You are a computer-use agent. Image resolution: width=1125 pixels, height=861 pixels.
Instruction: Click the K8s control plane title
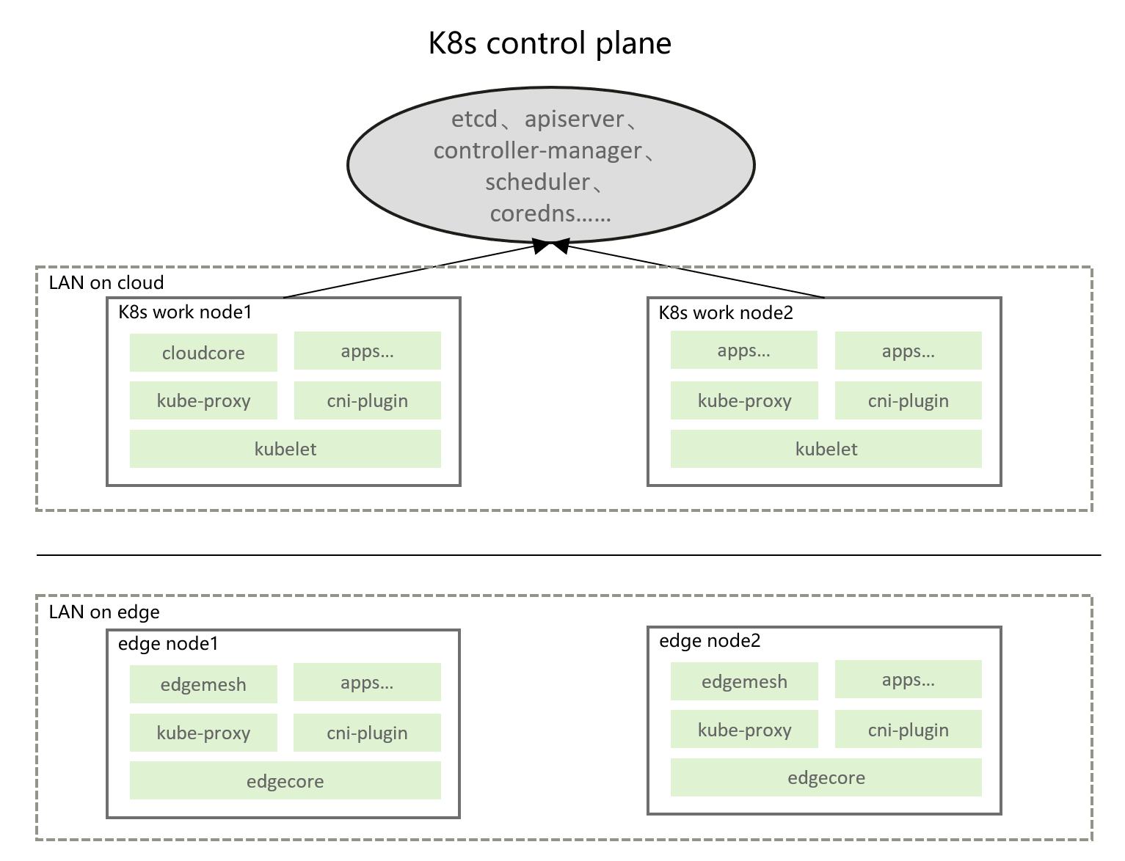(x=550, y=43)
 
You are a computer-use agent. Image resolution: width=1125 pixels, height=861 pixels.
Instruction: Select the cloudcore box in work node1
(x=203, y=353)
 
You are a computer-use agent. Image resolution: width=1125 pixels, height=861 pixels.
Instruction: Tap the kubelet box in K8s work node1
(x=285, y=449)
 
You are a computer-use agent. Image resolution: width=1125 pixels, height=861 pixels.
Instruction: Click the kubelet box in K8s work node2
(x=826, y=449)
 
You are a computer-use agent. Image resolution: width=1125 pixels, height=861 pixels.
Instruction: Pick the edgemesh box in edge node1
(x=203, y=684)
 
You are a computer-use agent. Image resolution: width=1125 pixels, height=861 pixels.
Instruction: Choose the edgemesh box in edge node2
(x=744, y=681)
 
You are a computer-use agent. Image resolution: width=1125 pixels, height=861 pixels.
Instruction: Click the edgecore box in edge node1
(x=285, y=781)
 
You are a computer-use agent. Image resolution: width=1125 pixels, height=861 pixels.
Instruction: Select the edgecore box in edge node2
(x=826, y=777)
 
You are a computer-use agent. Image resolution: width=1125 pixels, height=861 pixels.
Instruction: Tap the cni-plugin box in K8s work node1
(x=367, y=400)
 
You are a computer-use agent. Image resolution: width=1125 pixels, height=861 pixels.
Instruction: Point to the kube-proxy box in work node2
(x=744, y=400)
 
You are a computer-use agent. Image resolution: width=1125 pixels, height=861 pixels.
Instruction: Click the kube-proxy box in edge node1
(x=203, y=733)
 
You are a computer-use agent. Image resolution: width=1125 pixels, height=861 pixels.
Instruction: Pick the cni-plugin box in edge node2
(x=908, y=730)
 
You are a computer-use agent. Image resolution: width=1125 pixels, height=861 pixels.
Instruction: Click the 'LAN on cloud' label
(x=106, y=283)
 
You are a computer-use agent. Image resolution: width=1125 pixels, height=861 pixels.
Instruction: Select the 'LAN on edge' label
(x=104, y=612)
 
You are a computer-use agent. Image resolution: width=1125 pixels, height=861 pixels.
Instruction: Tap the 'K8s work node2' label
(x=726, y=313)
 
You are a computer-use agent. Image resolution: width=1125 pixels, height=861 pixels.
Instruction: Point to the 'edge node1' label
(x=168, y=644)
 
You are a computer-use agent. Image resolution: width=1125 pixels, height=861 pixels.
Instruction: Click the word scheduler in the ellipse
(x=538, y=182)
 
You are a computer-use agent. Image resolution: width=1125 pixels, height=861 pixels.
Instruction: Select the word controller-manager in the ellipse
(x=538, y=150)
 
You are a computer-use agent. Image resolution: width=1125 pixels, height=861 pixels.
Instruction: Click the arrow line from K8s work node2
(x=690, y=271)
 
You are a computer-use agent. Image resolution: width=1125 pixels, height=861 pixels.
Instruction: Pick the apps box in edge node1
(x=367, y=683)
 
